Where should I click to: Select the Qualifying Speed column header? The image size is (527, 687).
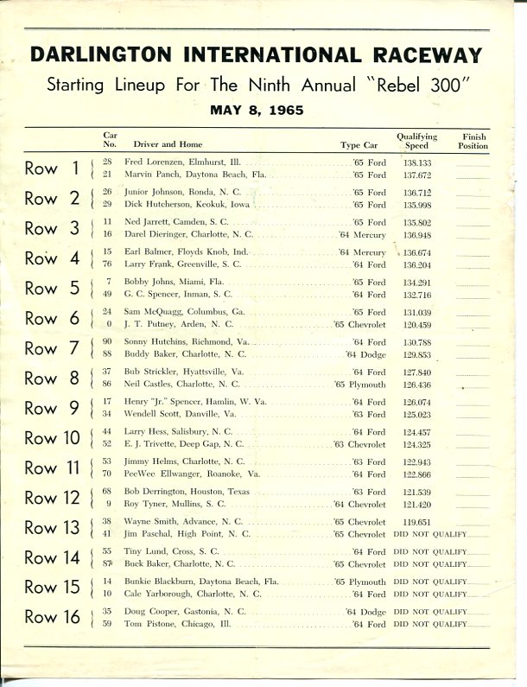pos(416,141)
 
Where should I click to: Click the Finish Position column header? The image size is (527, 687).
pos(473,141)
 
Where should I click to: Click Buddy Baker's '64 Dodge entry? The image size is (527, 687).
pos(365,354)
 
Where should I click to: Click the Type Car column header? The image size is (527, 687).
pos(361,145)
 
